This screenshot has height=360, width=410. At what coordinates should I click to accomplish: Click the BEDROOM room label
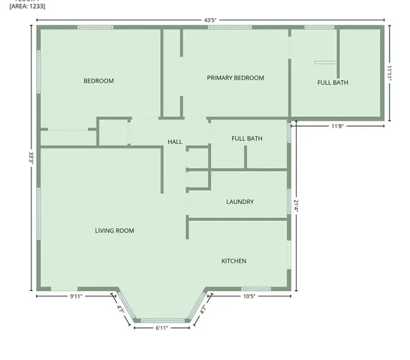pos(98,81)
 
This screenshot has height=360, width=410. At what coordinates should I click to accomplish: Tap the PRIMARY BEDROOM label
pos(235,78)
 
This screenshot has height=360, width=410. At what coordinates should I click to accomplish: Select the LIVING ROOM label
pos(114,231)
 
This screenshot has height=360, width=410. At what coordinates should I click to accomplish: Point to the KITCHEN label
pos(234,261)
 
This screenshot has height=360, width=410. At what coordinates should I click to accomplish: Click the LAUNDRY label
pos(240,202)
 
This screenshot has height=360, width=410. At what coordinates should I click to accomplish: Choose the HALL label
pos(175,142)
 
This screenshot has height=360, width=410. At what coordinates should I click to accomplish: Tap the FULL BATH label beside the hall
pos(247,139)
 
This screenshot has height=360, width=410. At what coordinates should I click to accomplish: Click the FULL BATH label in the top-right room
pos(333,82)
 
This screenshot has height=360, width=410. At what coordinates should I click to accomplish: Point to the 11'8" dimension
pos(339,127)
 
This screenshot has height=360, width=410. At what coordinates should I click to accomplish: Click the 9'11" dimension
pos(76,296)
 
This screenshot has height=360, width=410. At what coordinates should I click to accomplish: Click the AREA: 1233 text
pos(22,6)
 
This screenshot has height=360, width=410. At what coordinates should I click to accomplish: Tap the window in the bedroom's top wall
pos(95,28)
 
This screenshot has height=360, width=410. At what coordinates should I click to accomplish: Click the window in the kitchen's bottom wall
pos(255,289)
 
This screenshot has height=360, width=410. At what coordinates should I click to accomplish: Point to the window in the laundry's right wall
pos(289,201)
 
